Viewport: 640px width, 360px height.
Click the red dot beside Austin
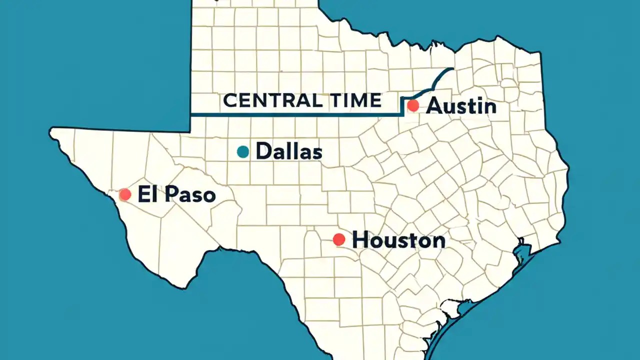413,105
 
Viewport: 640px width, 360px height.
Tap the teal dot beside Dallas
243,151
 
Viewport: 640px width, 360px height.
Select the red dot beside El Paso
125,194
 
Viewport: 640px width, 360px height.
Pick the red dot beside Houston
339,239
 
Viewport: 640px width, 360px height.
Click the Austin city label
461,106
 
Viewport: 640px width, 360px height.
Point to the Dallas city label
288,151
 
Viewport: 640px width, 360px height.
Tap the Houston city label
398,240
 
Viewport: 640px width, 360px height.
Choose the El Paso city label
176,194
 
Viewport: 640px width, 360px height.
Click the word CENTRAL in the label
272,100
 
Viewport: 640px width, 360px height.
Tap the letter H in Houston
361,240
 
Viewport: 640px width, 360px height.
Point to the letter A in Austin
435,106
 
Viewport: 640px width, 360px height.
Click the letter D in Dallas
264,151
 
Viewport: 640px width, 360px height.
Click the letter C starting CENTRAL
229,100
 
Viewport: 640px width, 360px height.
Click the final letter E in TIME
375,100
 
